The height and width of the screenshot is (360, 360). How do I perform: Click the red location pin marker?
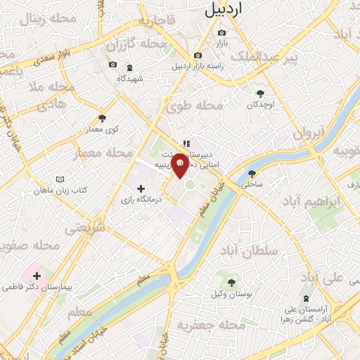pyautogui.click(x=180, y=165)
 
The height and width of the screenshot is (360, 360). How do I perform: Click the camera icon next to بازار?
pyautogui.click(x=222, y=32)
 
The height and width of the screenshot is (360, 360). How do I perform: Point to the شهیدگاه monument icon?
pyautogui.click(x=129, y=67)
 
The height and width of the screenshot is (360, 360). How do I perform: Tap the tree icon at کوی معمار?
pyautogui.click(x=103, y=118)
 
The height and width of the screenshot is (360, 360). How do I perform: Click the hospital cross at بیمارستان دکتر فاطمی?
pyautogui.click(x=37, y=276)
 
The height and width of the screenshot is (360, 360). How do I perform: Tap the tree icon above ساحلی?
pyautogui.click(x=252, y=174)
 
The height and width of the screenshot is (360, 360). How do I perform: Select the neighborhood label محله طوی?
pyautogui.click(x=194, y=105)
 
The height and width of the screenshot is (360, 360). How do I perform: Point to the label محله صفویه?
pyautogui.click(x=29, y=246)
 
